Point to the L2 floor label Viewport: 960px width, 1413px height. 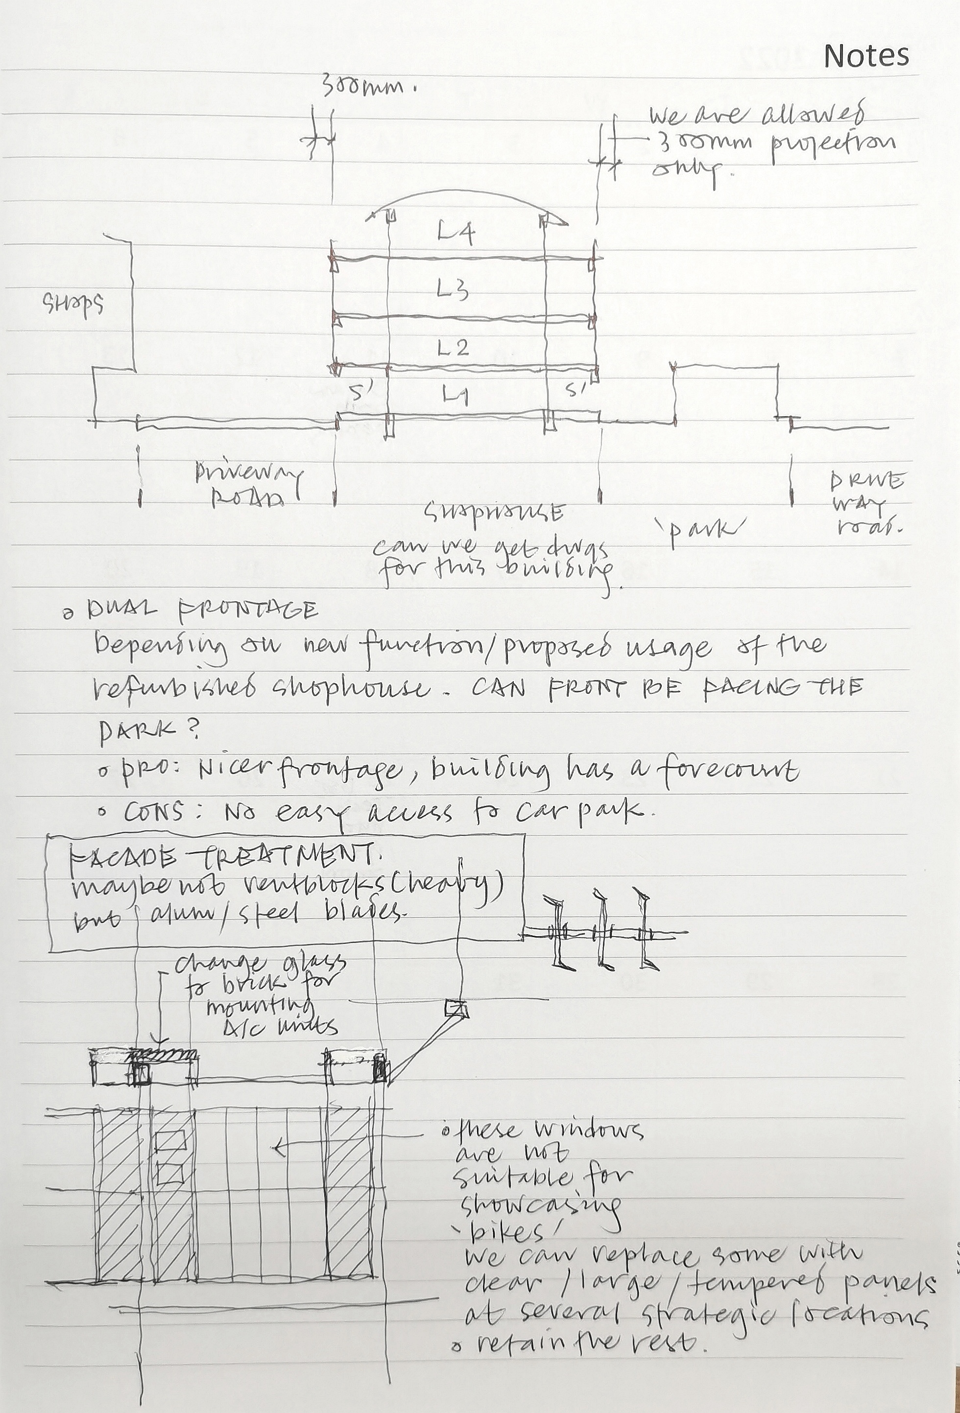[453, 348]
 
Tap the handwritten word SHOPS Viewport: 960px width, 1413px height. [72, 303]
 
